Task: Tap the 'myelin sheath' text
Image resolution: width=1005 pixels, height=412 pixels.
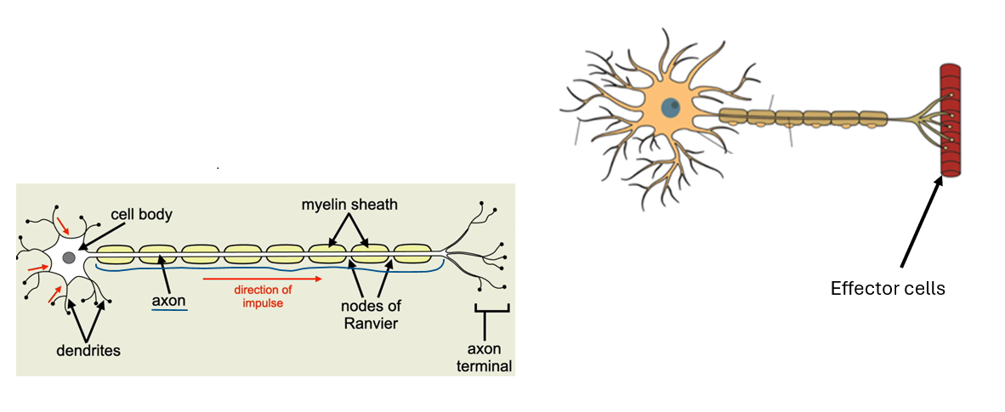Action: pyautogui.click(x=349, y=206)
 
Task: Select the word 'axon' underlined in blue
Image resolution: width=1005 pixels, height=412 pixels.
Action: pyautogui.click(x=168, y=300)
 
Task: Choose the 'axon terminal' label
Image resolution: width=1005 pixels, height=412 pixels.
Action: pyautogui.click(x=490, y=358)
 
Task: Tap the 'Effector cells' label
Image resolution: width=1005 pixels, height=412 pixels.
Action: pyautogui.click(x=888, y=288)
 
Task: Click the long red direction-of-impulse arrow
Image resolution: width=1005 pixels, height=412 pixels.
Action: pyautogui.click(x=263, y=278)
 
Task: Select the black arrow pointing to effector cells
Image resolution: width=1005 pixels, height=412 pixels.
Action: pyautogui.click(x=921, y=221)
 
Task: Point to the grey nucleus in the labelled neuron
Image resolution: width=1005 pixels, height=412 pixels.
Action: pyautogui.click(x=69, y=257)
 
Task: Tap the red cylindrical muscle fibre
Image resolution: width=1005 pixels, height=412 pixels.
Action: pyautogui.click(x=949, y=120)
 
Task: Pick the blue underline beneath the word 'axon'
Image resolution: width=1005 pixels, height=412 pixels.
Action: pyautogui.click(x=168, y=311)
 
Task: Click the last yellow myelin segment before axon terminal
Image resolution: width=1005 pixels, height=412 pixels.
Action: pyautogui.click(x=412, y=254)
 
